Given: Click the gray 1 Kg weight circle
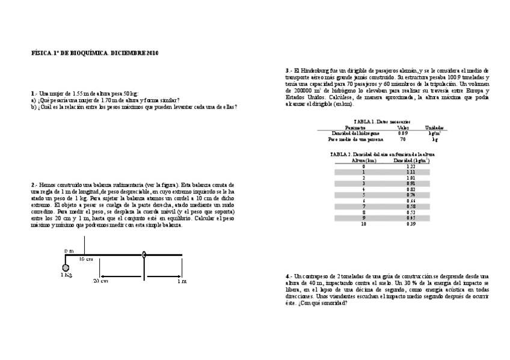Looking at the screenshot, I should pyautogui.click(x=66, y=267).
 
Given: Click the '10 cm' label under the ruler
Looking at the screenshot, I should pyautogui.click(x=85, y=259).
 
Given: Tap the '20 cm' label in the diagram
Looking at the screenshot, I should pyautogui.click(x=100, y=280).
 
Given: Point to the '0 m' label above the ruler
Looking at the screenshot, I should pyautogui.click(x=69, y=250).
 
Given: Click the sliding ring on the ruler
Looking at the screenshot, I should pyautogui.click(x=144, y=255).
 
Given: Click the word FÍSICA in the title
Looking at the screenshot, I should pyautogui.click(x=39, y=53).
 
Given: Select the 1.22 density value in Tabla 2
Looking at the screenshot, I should pyautogui.click(x=411, y=166).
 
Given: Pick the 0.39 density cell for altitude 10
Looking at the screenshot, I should pyautogui.click(x=411, y=224).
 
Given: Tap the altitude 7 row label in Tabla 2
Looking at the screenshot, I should pyautogui.click(x=363, y=206).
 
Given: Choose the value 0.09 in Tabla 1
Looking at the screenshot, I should pyautogui.click(x=403, y=133).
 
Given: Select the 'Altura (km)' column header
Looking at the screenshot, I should pyautogui.click(x=364, y=160).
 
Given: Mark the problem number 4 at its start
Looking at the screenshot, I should pyautogui.click(x=288, y=275).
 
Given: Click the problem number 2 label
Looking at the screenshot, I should pyautogui.click(x=33, y=185).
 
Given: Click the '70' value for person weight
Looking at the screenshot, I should pyautogui.click(x=403, y=139).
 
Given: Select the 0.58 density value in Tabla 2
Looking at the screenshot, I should pyautogui.click(x=411, y=206).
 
